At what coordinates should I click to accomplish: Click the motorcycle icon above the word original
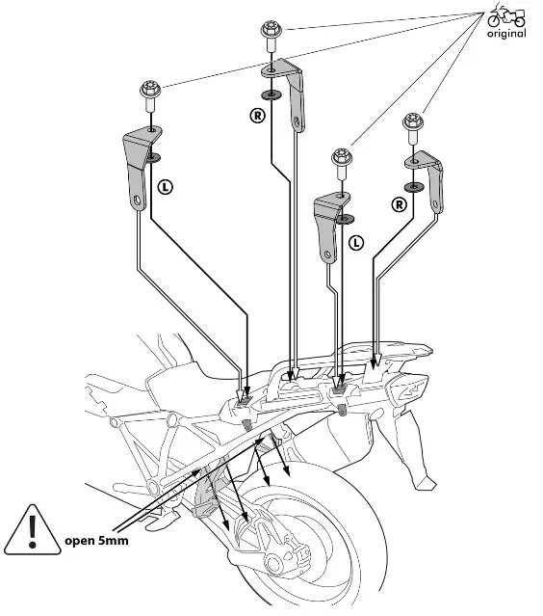click(x=506, y=16)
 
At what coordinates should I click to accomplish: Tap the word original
click(x=506, y=35)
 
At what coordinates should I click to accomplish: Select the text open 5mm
click(x=96, y=540)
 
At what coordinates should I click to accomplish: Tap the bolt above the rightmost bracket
click(x=413, y=126)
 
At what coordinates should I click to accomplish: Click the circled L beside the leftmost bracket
click(x=167, y=187)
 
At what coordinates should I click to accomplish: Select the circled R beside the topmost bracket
click(x=256, y=116)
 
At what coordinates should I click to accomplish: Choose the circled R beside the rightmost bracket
click(x=399, y=203)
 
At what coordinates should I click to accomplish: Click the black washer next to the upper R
click(x=270, y=94)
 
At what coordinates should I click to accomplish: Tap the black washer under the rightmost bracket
click(x=414, y=186)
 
